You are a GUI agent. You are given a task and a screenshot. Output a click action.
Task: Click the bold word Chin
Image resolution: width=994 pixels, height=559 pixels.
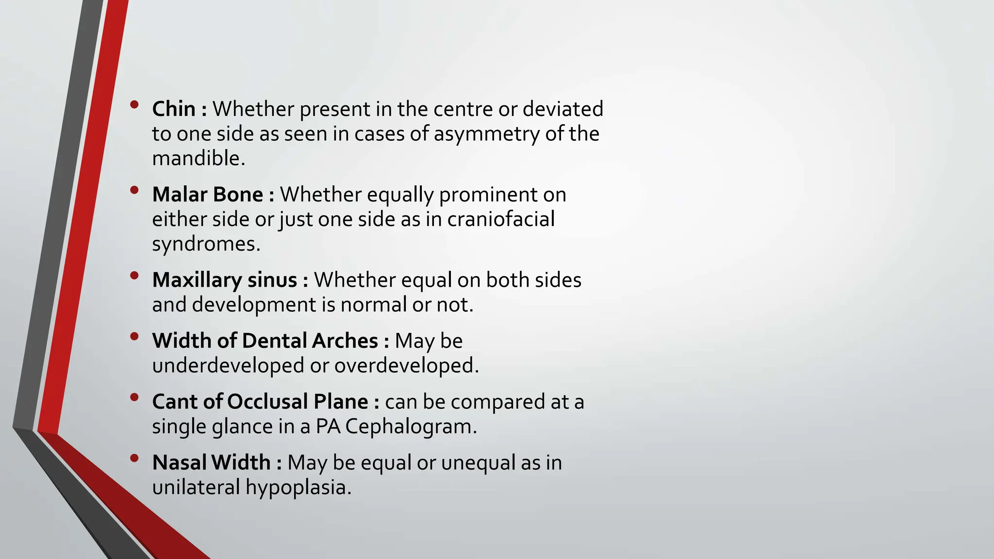(x=173, y=109)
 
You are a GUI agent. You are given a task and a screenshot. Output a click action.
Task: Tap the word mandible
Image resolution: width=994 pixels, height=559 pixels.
(x=198, y=158)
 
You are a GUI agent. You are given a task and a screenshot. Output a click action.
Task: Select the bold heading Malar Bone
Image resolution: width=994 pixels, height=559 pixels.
(x=207, y=195)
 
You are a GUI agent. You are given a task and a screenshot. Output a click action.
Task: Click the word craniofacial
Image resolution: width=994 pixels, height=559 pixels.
(x=500, y=219)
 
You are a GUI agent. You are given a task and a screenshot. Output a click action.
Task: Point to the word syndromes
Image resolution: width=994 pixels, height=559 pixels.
(x=206, y=244)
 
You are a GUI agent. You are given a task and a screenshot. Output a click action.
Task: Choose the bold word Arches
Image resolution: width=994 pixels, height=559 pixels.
(x=345, y=341)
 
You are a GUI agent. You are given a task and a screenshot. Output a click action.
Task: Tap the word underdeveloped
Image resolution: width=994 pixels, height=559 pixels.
(x=228, y=365)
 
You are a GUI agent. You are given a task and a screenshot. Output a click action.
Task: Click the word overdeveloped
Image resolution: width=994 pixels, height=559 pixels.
(x=406, y=365)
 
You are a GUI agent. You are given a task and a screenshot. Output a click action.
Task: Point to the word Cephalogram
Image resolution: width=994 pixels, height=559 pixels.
(x=411, y=427)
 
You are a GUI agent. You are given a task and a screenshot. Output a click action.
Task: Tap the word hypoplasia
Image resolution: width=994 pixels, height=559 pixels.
(x=298, y=487)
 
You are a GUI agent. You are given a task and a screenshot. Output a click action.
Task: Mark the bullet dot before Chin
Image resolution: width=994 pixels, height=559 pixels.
(x=134, y=104)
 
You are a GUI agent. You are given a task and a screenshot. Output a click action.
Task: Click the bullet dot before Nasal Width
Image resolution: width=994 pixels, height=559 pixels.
(x=134, y=458)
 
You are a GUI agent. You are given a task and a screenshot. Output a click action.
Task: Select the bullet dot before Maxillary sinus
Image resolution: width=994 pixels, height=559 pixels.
(x=134, y=276)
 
